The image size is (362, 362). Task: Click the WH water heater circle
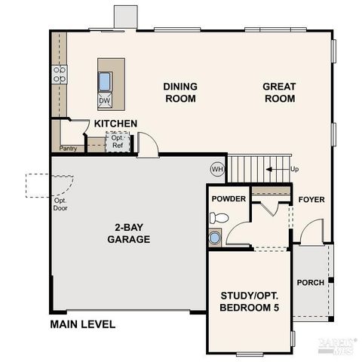217,169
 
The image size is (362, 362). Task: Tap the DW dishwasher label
105,100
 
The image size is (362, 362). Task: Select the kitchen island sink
105,80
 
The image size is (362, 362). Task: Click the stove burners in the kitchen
58,73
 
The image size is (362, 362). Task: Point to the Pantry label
69,149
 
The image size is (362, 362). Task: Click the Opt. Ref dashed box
117,142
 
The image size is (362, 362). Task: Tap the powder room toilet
219,218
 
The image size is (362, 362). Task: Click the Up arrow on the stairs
285,169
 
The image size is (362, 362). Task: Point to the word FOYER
311,200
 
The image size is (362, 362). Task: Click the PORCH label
311,283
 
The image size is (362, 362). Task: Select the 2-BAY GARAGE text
127,233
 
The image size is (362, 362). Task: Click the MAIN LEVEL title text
82,325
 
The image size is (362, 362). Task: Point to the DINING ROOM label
179,93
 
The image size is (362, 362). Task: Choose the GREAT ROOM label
278,93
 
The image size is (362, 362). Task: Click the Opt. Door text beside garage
60,205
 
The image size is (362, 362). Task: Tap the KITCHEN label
115,124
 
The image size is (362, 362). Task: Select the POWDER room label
229,199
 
